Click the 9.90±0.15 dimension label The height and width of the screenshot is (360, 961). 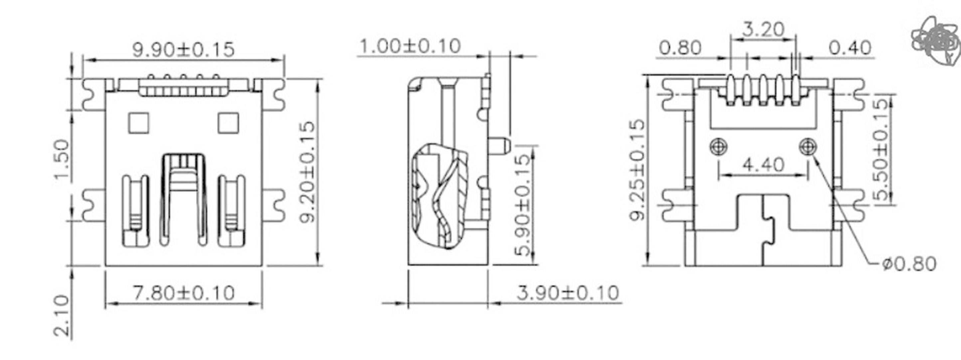(x=184, y=50)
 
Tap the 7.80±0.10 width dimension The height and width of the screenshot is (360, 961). (x=184, y=293)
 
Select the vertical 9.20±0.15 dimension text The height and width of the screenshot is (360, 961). (x=308, y=172)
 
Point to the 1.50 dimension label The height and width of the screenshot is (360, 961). (x=62, y=159)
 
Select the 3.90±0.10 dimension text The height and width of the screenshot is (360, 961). (x=568, y=293)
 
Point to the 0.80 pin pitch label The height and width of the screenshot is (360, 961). (x=680, y=48)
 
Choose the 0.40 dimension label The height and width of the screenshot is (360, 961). (x=850, y=48)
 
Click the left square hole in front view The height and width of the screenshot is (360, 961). (x=138, y=123)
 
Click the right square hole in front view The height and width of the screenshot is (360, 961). (x=228, y=123)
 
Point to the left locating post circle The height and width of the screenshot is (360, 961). (x=719, y=146)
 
